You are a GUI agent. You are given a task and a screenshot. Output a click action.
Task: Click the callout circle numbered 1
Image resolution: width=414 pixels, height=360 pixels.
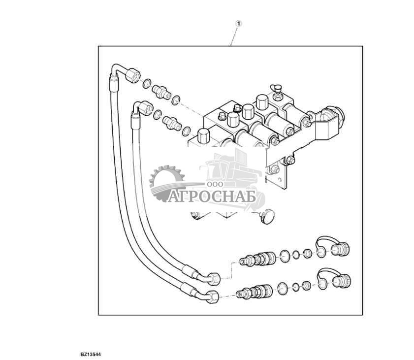(239, 23)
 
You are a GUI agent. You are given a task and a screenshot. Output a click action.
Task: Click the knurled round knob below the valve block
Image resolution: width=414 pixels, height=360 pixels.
(267, 216)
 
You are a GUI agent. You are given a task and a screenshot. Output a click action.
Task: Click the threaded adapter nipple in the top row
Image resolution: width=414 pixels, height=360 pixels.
(161, 91)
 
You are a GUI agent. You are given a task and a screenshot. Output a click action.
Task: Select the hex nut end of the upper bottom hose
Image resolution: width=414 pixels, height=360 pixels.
(215, 278)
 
